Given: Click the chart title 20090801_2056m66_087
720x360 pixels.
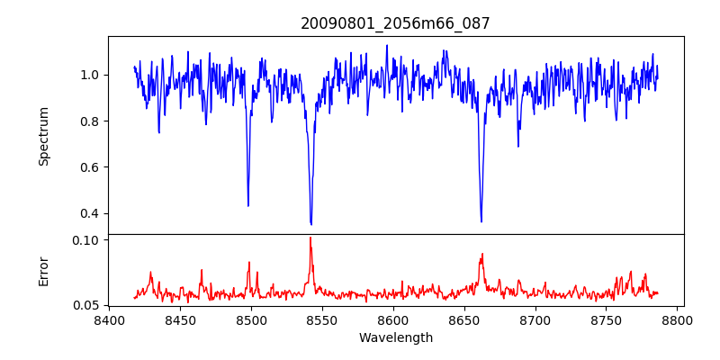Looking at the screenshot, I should [395, 23].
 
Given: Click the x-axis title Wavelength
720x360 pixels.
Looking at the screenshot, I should [395, 337].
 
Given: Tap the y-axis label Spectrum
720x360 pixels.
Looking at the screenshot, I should [44, 136].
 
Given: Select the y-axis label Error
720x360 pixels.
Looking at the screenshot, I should [44, 271].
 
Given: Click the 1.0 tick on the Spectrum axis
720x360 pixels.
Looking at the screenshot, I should [92, 75].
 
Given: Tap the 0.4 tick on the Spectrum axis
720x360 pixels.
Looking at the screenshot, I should [92, 213].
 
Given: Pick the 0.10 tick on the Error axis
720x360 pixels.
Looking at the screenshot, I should [88, 240].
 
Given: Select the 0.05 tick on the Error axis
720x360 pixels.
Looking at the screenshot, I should [88, 305].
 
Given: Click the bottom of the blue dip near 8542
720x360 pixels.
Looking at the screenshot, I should [310, 224].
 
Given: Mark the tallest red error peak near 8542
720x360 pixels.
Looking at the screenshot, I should [310, 238].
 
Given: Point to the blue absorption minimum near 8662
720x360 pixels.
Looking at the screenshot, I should [481, 221].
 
